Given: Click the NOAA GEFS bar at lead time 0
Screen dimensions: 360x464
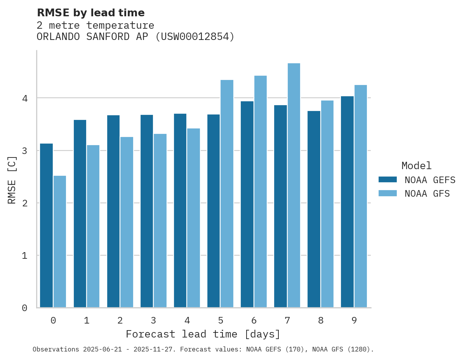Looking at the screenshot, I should pos(46,225).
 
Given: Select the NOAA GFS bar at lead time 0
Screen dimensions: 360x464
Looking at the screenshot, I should pos(60,241).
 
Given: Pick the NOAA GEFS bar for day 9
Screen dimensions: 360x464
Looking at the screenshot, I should pos(347,202).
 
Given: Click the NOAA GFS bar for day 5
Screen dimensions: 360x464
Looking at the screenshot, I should pos(227,194).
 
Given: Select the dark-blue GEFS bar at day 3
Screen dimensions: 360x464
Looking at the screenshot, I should pos(147,211).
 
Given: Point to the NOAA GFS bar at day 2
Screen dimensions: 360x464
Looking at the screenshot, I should pos(127,222).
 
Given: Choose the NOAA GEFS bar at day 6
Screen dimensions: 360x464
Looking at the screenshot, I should pos(247,204).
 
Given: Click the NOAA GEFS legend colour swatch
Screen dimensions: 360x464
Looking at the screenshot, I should pos(388,180).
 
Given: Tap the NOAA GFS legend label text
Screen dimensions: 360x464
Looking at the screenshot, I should pos(427,194).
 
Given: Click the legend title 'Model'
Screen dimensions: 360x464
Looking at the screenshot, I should pos(416,166).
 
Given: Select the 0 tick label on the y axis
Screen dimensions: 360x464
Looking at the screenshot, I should pos(24,308).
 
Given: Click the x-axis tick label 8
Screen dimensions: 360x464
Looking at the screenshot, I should pos(321,321).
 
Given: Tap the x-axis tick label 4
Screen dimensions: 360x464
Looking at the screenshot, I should pos(187,321).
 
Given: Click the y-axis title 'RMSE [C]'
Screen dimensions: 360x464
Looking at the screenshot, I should pos(12,180).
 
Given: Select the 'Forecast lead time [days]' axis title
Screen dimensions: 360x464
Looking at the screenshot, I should pos(203,334).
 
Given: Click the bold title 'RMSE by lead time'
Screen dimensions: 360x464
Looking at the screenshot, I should pos(90,13).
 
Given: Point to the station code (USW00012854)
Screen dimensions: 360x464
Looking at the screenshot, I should pos(195,37).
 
